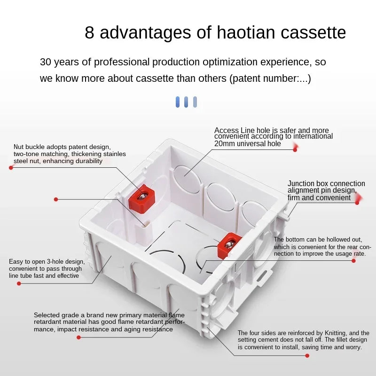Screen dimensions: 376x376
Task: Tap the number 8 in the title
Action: pos(89,33)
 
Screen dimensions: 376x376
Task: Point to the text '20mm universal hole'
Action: pos(247,144)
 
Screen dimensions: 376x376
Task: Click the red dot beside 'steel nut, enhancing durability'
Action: pos(11,167)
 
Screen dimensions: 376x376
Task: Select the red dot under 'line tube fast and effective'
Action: pos(19,283)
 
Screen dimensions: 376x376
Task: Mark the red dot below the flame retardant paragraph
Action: pos(78,337)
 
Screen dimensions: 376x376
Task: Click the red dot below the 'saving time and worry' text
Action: pos(307,355)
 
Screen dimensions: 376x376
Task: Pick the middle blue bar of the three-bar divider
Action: pos(186,102)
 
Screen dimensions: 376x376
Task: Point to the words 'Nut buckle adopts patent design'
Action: pos(62,147)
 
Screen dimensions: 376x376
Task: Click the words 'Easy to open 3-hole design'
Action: pos(47,261)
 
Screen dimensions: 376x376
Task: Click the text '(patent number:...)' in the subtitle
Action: pos(270,78)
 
